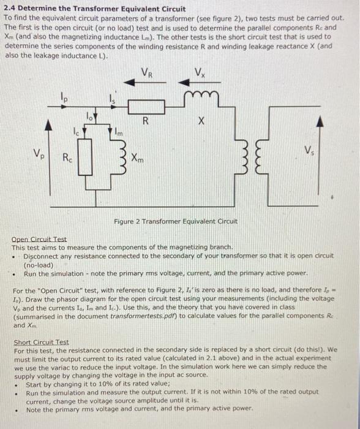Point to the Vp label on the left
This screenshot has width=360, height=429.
[39, 152]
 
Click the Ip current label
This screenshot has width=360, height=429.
[64, 96]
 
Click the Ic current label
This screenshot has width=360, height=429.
[76, 130]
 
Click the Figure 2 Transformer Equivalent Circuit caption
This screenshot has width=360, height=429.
[176, 221]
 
